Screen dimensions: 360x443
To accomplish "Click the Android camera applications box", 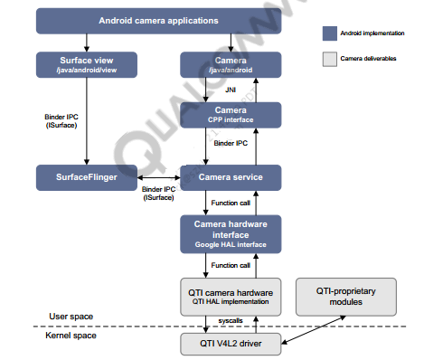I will [x=157, y=20].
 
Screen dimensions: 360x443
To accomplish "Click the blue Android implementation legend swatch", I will [x=330, y=33].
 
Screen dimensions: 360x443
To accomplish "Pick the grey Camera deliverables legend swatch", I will [x=330, y=59].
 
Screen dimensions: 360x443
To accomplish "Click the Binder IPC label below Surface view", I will [x=61, y=121].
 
